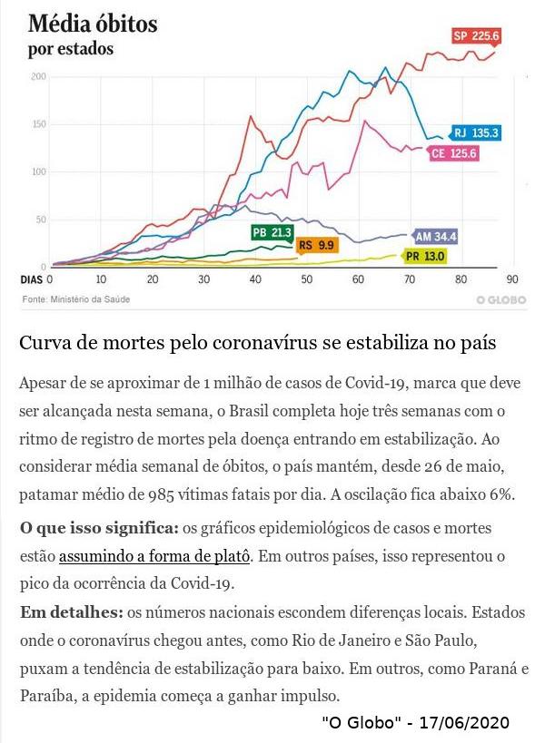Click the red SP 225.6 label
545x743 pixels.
coord(477,36)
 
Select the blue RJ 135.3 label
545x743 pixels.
coord(476,132)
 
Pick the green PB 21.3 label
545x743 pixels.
coord(272,233)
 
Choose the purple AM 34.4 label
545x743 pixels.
coord(435,237)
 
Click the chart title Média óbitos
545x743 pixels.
coord(93,24)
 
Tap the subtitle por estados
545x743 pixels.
coord(71,49)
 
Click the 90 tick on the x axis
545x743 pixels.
coord(512,279)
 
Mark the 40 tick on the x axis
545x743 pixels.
coord(255,279)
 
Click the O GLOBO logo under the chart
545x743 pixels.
coord(500,299)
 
